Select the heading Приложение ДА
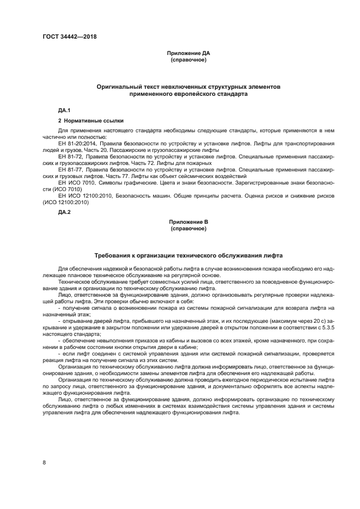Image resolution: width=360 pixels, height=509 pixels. pos(188,53)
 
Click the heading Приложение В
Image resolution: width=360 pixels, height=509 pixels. pos(188,222)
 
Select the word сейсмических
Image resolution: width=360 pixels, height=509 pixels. pos(205,176)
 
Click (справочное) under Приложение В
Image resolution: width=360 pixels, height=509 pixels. pos(188,228)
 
